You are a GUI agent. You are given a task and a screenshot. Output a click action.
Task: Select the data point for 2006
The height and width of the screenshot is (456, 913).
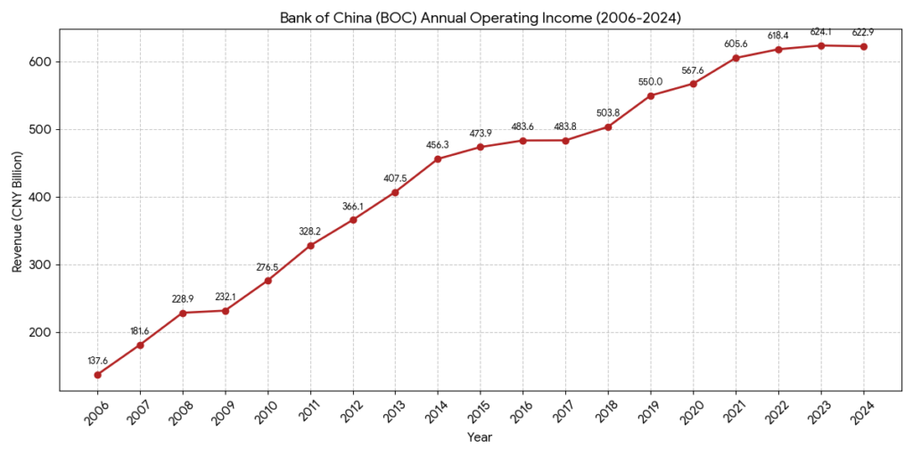coord(97,375)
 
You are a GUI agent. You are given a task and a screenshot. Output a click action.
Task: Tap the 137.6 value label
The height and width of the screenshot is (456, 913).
coord(97,361)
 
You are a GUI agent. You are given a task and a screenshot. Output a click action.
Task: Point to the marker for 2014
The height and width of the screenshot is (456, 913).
coord(438,159)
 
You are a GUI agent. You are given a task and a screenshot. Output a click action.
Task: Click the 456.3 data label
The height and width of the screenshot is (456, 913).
coord(438,145)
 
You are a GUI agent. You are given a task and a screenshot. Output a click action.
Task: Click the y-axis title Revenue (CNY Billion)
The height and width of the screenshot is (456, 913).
coord(17,209)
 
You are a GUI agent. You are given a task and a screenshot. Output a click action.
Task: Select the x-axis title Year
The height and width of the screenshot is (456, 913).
coord(480,437)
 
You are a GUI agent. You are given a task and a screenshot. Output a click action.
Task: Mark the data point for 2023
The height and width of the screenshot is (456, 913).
coord(820,45)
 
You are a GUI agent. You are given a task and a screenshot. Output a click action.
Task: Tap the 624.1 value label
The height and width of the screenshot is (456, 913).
coord(820,32)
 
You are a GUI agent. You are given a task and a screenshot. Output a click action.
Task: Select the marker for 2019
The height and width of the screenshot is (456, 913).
coord(651,95)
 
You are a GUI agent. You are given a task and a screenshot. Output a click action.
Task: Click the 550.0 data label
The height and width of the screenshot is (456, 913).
coord(651,82)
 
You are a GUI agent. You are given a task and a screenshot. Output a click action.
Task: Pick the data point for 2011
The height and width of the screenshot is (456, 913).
coord(310,246)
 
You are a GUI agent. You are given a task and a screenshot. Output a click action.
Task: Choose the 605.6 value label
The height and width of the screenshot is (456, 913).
coord(736,45)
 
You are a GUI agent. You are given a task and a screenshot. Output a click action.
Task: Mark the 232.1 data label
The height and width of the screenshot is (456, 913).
coord(226,297)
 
